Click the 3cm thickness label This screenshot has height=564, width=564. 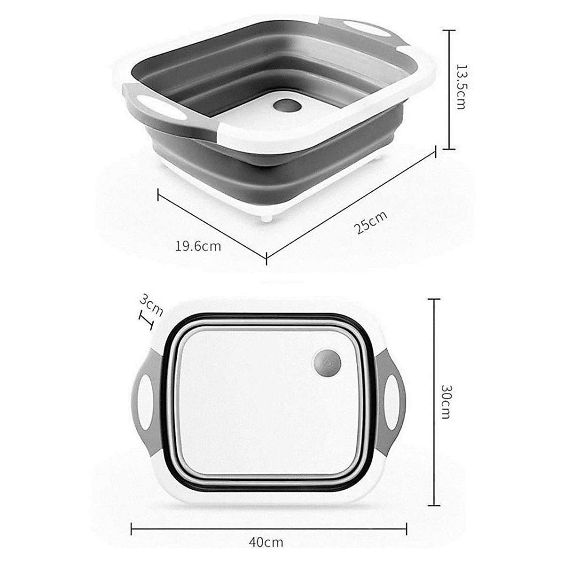pos(151,304)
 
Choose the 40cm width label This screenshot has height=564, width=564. pos(266,542)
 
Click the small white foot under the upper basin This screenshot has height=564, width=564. pos(267,218)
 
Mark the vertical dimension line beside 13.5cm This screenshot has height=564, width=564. pos(450,89)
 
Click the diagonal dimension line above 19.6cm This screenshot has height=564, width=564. pos(211,224)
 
